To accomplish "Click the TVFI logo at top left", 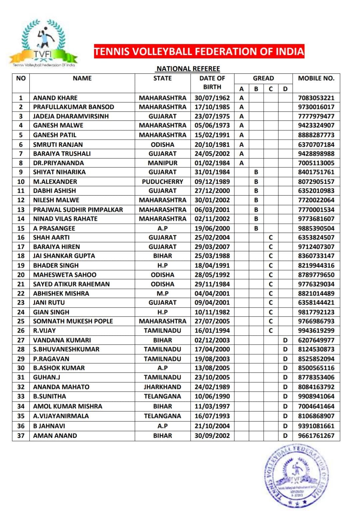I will pos(43,43).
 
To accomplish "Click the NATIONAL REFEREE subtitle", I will pos(188,69).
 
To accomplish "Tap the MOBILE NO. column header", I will pos(316,78).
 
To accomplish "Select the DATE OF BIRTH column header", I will pos(212,82).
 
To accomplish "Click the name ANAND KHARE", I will pos(55,98).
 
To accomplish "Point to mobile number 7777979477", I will pos(316,116).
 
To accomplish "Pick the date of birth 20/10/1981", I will pos(212,145).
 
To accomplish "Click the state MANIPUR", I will pos(163,163).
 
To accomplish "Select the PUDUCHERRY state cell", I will pos(163,182).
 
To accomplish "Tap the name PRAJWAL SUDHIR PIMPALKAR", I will pos(78,210).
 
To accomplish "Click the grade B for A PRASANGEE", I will pos(256,228).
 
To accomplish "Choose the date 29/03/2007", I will pos(212,247).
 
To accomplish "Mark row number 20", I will pos(21,275).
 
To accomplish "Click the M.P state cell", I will pos(163,294).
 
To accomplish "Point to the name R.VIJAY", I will pos(44,331).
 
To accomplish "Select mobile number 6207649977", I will pos(316,340).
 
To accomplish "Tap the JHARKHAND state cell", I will pos(163,387).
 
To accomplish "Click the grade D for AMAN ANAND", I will pos(285,436).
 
